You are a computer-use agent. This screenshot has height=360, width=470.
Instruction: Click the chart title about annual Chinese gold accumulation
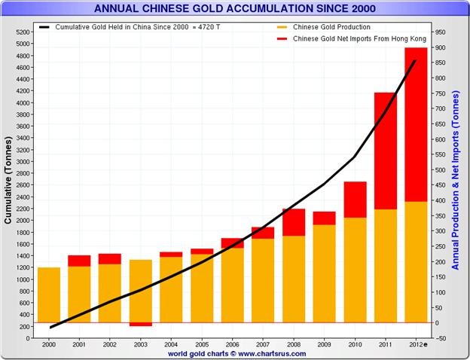coord(235,9)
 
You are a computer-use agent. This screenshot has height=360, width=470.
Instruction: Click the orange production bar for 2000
coord(48,294)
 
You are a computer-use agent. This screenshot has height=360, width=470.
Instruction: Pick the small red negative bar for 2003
coord(140,324)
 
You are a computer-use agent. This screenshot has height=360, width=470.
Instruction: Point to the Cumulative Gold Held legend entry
coord(124,27)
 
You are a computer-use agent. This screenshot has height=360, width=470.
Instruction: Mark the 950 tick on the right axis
coord(439,32)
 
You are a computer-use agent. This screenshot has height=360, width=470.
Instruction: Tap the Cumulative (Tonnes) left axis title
coord(8,185)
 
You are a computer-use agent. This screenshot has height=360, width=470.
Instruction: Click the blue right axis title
coord(456,181)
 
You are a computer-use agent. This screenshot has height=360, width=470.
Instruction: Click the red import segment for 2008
coord(293,222)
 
